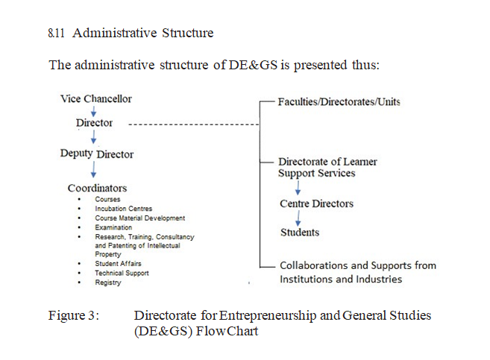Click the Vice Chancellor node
click(95, 98)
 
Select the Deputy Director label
click(97, 154)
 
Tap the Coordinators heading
click(97, 188)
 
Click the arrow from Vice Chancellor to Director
click(92, 110)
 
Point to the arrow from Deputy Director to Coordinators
click(92, 170)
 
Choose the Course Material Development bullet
click(139, 218)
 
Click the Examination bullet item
click(113, 227)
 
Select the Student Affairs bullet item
click(118, 264)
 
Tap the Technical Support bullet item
click(122, 273)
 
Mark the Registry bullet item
click(108, 282)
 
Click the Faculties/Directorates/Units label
click(339, 101)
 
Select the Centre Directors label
click(316, 203)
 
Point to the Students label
click(299, 233)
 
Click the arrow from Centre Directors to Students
click(298, 218)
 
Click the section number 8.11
click(55, 33)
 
